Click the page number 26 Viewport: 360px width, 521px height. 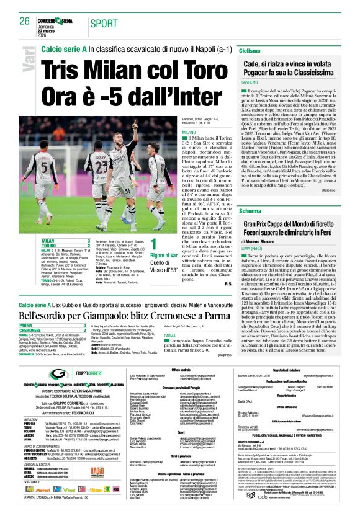[x=25, y=21]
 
